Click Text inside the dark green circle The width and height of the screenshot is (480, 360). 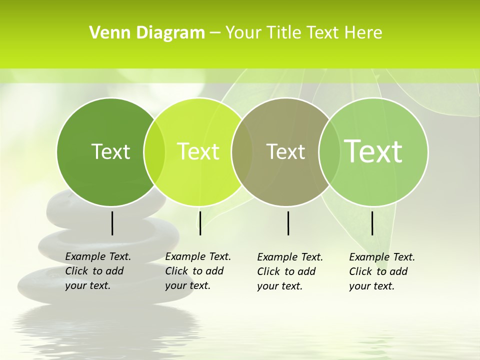(x=110, y=151)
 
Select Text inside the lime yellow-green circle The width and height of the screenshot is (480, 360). (x=198, y=151)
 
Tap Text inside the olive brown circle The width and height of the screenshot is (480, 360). (x=285, y=151)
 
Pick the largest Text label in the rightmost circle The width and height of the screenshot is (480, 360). (x=373, y=151)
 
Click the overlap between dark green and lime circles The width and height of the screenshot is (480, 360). (x=154, y=152)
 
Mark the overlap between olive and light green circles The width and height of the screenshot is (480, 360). (x=328, y=152)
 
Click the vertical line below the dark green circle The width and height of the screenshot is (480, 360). (x=112, y=223)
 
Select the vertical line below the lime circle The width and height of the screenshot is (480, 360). (x=200, y=223)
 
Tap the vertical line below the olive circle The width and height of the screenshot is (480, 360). (x=288, y=223)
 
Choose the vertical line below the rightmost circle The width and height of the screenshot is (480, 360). (x=372, y=223)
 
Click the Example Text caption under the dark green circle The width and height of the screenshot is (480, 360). (x=97, y=271)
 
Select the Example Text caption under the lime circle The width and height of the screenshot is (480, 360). (x=197, y=271)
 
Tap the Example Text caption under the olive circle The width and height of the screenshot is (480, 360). (x=289, y=271)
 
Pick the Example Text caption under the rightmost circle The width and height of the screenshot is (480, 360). (x=381, y=271)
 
